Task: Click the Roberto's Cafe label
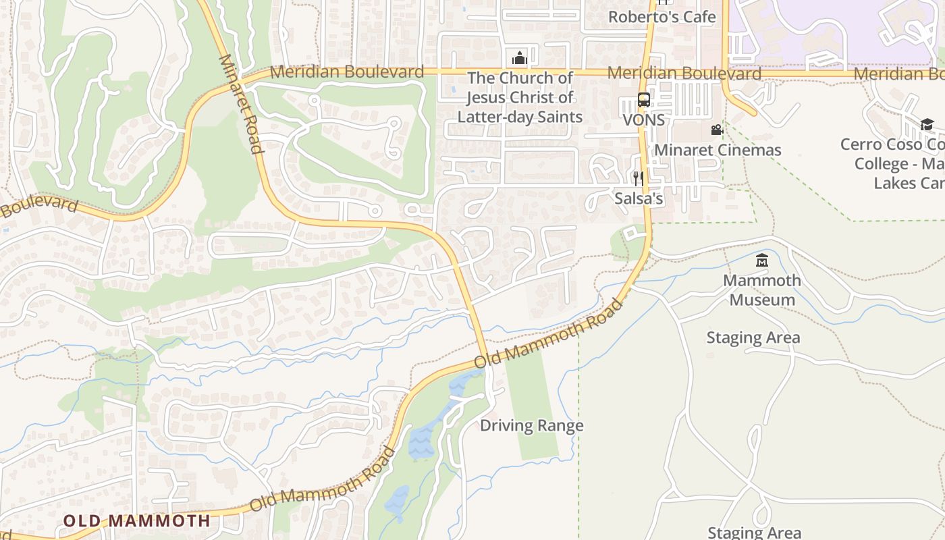click(661, 17)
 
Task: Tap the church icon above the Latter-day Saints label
click(519, 58)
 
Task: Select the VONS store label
click(643, 120)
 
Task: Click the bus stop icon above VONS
click(644, 101)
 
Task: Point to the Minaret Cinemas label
click(718, 150)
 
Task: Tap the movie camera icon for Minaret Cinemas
click(717, 130)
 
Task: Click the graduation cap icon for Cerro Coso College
click(927, 124)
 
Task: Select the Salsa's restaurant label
click(639, 199)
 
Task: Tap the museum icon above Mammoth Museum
click(762, 260)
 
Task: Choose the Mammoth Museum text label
click(762, 290)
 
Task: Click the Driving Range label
click(532, 426)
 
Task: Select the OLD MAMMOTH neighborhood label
click(136, 521)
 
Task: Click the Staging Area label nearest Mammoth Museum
click(753, 337)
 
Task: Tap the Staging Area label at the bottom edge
click(754, 533)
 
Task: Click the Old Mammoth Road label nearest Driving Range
click(548, 334)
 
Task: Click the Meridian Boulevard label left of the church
click(347, 72)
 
